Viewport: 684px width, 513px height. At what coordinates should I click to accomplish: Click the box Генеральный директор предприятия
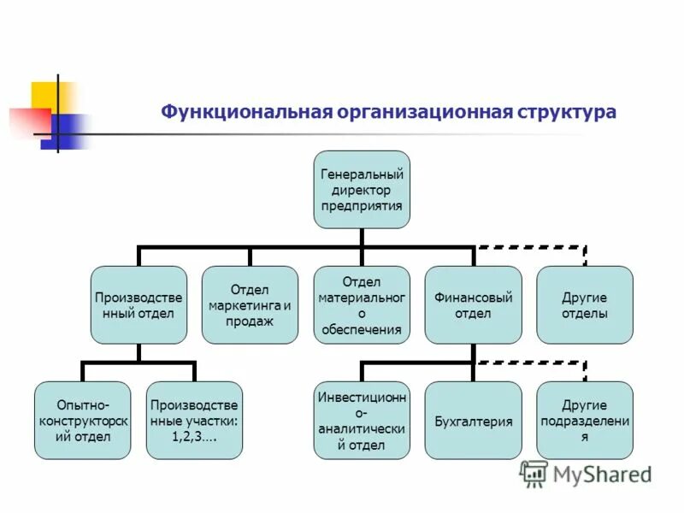pyautogui.click(x=362, y=190)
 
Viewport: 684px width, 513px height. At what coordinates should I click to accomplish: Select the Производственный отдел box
pyautogui.click(x=139, y=304)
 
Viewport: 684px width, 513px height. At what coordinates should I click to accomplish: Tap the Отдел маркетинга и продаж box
pyautogui.click(x=250, y=304)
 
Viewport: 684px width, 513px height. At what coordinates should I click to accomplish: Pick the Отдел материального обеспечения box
pyautogui.click(x=362, y=304)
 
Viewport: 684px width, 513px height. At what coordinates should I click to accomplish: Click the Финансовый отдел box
pyautogui.click(x=473, y=304)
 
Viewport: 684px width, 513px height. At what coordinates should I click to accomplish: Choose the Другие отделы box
pyautogui.click(x=585, y=304)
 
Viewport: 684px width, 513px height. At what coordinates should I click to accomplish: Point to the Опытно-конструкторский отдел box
pyautogui.click(x=83, y=420)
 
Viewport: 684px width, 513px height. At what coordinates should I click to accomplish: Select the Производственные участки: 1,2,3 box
pyautogui.click(x=194, y=420)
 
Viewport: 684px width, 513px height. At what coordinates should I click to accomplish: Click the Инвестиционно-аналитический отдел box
pyautogui.click(x=362, y=420)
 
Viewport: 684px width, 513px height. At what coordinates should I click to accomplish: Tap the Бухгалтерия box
pyautogui.click(x=473, y=421)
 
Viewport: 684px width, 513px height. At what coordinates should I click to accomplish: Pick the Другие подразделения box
pyautogui.click(x=585, y=420)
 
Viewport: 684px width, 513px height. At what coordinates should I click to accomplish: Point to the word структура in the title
pyautogui.click(x=567, y=112)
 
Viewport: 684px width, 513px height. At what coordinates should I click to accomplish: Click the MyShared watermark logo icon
pyautogui.click(x=534, y=474)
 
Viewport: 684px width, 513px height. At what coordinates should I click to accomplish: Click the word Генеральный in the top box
pyautogui.click(x=362, y=174)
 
